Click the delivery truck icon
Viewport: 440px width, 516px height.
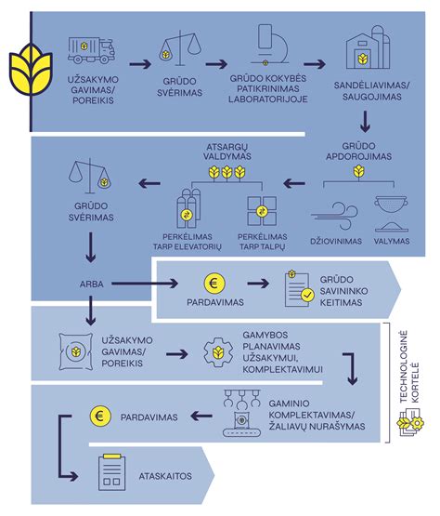point(91,50)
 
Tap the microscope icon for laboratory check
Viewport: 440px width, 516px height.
point(269,45)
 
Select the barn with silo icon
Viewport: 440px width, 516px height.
point(368,47)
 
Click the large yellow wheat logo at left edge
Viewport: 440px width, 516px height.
point(31,69)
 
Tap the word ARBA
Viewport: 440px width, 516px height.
point(91,284)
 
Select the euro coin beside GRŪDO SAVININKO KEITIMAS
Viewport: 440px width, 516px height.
point(214,284)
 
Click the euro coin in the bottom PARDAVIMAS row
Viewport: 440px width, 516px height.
point(100,417)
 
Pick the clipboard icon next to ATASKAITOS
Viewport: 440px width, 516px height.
point(112,472)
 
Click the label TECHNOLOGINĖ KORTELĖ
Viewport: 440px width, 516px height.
point(409,367)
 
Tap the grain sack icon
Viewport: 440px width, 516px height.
point(75,351)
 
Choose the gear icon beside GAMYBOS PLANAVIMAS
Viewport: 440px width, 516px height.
point(218,352)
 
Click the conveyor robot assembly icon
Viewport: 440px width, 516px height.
point(241,413)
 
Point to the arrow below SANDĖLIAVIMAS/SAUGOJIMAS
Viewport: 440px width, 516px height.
point(365,122)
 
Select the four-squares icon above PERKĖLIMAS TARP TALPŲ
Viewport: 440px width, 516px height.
point(262,211)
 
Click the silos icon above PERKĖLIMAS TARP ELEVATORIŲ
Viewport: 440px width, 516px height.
point(188,208)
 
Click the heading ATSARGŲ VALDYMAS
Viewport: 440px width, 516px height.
point(226,152)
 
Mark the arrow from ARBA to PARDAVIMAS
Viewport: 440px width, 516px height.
point(145,283)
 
